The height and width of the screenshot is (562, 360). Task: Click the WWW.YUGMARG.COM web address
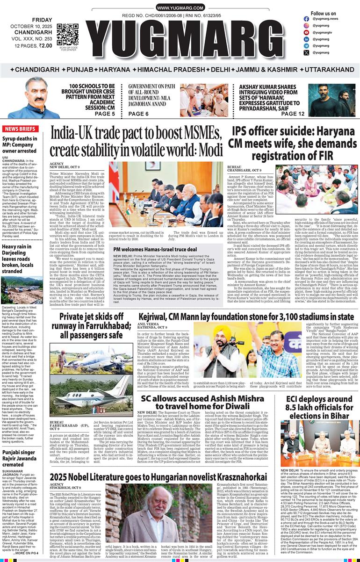pyautogui.click(x=180, y=8)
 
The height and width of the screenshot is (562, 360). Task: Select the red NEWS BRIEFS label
pyautogui.click(x=22, y=129)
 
